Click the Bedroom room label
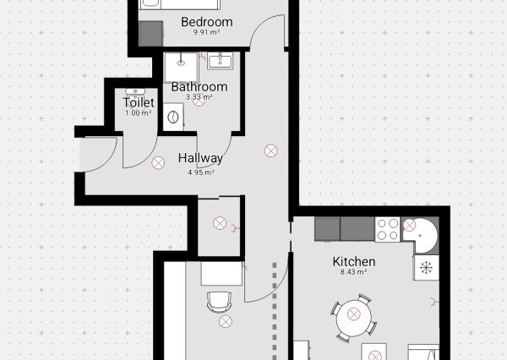(207, 22)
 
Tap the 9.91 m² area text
(207, 32)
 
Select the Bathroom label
(199, 87)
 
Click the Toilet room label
(139, 102)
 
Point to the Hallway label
(200, 158)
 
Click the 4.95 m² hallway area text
(201, 172)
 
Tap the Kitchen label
(354, 262)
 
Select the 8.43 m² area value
(353, 272)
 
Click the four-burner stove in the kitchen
(388, 229)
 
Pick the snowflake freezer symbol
(426, 268)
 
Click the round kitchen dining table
(354, 316)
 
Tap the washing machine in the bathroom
(173, 117)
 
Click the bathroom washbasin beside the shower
(221, 61)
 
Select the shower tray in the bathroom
(181, 68)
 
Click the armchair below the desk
(219, 302)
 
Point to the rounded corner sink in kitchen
(420, 235)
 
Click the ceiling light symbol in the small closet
(220, 223)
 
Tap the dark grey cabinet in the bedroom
(150, 34)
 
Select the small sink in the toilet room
(135, 93)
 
